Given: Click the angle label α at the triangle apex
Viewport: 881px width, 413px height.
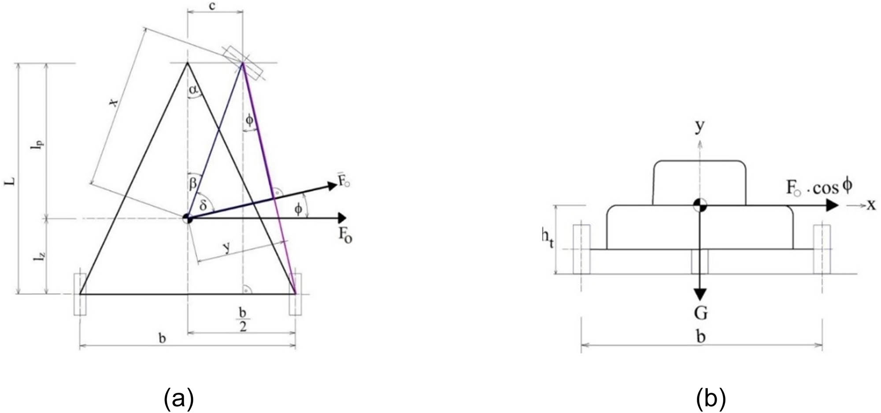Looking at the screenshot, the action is [194, 90].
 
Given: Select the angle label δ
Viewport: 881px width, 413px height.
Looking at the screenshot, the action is [203, 205].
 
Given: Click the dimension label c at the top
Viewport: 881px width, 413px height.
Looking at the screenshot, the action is [213, 7].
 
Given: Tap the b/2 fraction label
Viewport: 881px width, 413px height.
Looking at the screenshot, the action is [243, 319].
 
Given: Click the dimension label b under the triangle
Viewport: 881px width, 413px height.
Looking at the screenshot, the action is [163, 339].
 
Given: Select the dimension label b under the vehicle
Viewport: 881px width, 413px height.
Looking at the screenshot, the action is [701, 337].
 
